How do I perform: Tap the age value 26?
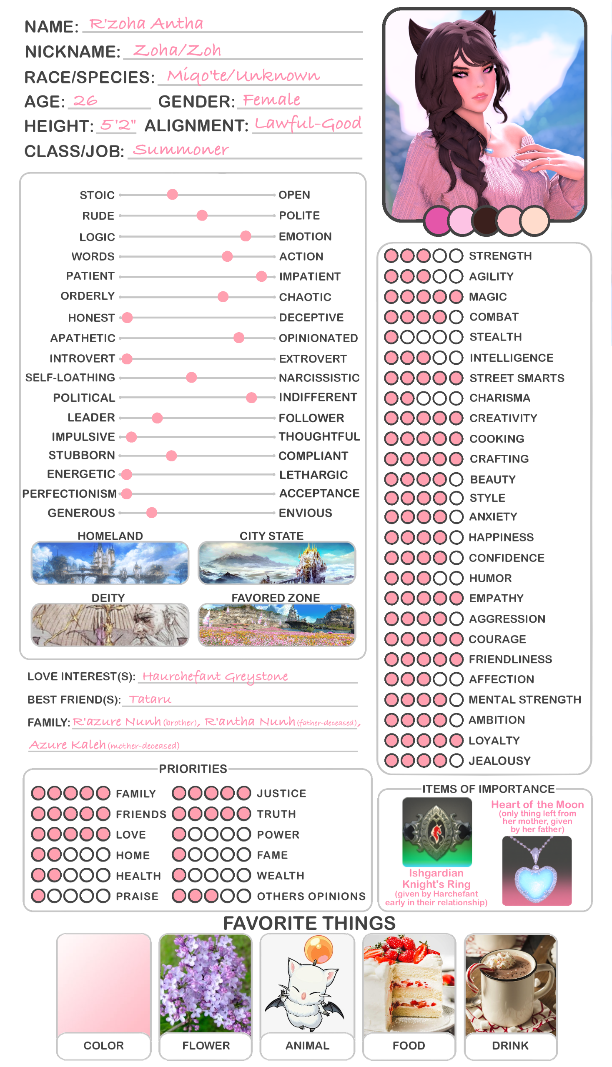pos(85,101)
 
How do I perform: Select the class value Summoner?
pos(181,150)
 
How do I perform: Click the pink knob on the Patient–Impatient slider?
pos(261,276)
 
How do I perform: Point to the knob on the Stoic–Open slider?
pos(172,194)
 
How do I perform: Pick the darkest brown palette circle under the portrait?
pos(486,220)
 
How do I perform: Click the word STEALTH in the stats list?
pos(496,337)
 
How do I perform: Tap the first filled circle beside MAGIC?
pos(391,297)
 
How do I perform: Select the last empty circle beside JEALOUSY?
pos(456,761)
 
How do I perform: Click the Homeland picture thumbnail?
pos(110,563)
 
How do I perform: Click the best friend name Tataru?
pos(150,699)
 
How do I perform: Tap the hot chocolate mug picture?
pos(510,985)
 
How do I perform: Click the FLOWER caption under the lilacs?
pos(206,1046)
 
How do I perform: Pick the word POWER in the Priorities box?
pos(278,834)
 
